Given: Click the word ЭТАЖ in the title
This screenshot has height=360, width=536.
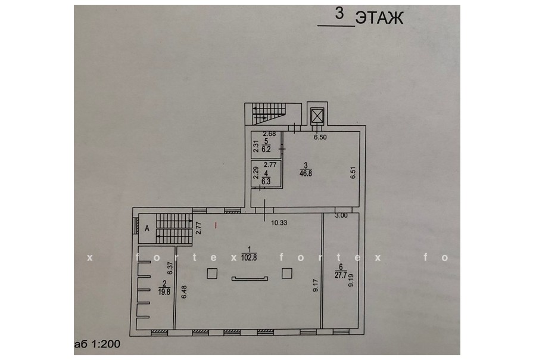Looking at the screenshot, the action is pos(379,18).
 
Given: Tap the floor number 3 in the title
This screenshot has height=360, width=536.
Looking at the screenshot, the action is pos(339,14).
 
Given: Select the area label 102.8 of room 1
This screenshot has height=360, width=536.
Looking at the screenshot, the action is pos(248,258).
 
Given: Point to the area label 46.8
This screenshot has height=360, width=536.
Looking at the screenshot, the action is pos(306,173).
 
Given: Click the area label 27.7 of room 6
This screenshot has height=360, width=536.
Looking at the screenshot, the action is pos(341,274).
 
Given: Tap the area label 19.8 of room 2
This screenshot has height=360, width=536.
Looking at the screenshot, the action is pos(164,292).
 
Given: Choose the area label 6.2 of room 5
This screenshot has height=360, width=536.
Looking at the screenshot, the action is pos(266,149).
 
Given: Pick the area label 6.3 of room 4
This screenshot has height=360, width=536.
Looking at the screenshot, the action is pos(266,182).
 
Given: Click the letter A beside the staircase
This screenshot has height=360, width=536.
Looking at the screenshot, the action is pos(147,229).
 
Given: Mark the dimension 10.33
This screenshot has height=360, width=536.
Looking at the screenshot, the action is pos(279,223).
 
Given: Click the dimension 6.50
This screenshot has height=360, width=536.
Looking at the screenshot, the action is pos(320,137).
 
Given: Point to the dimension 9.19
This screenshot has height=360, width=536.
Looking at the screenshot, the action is pos(351,280).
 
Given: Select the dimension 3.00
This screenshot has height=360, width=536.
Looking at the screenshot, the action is pos(341,216).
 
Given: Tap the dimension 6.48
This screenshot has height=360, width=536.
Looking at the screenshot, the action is pos(184,292).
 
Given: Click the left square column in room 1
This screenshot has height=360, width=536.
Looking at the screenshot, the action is pos(212,274).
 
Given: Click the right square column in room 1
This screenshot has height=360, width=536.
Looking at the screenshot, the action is pos(287,273).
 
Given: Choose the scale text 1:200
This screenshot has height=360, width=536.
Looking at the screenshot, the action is pos(106,344).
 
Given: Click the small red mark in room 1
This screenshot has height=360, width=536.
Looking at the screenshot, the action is pos(216,225).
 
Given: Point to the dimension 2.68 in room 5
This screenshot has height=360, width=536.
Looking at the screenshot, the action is pos(269,134).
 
